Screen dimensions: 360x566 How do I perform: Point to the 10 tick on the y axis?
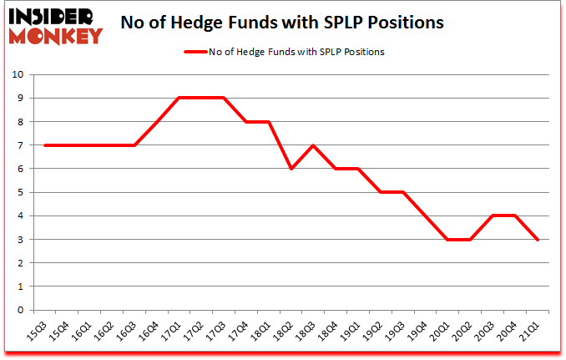tap(18, 74)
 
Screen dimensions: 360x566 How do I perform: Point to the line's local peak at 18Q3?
tap(311, 145)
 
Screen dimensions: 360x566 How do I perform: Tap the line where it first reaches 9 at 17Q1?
tap(180, 98)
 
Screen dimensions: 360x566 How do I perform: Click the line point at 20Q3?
tap(493, 215)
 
